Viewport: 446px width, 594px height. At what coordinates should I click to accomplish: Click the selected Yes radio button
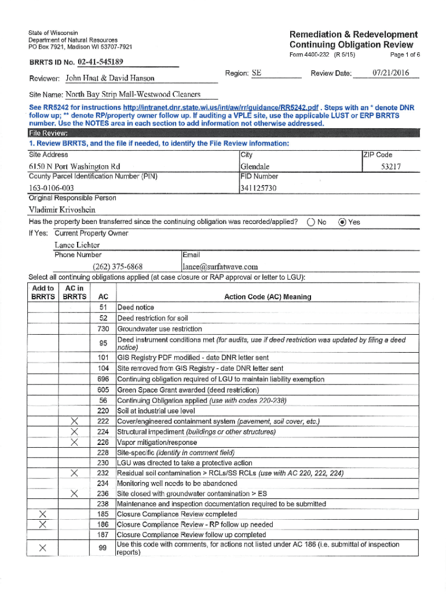pyautogui.click(x=342, y=222)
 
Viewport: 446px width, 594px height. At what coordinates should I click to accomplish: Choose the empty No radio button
pyautogui.click(x=311, y=222)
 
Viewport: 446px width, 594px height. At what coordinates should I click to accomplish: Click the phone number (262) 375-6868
pyautogui.click(x=118, y=267)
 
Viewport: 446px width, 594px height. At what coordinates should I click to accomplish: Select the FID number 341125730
pyautogui.click(x=258, y=188)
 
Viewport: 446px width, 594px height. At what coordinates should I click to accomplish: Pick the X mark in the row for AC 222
pyautogui.click(x=74, y=421)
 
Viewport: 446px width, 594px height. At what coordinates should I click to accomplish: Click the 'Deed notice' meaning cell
pyautogui.click(x=136, y=307)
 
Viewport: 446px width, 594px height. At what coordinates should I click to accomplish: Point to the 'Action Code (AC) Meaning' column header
pyautogui.click(x=267, y=296)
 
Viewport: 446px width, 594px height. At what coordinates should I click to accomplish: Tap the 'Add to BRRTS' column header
pyautogui.click(x=42, y=292)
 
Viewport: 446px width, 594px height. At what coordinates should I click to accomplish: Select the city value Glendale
pyautogui.click(x=255, y=167)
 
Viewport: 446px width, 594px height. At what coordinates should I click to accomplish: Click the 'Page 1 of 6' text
pyautogui.click(x=405, y=55)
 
